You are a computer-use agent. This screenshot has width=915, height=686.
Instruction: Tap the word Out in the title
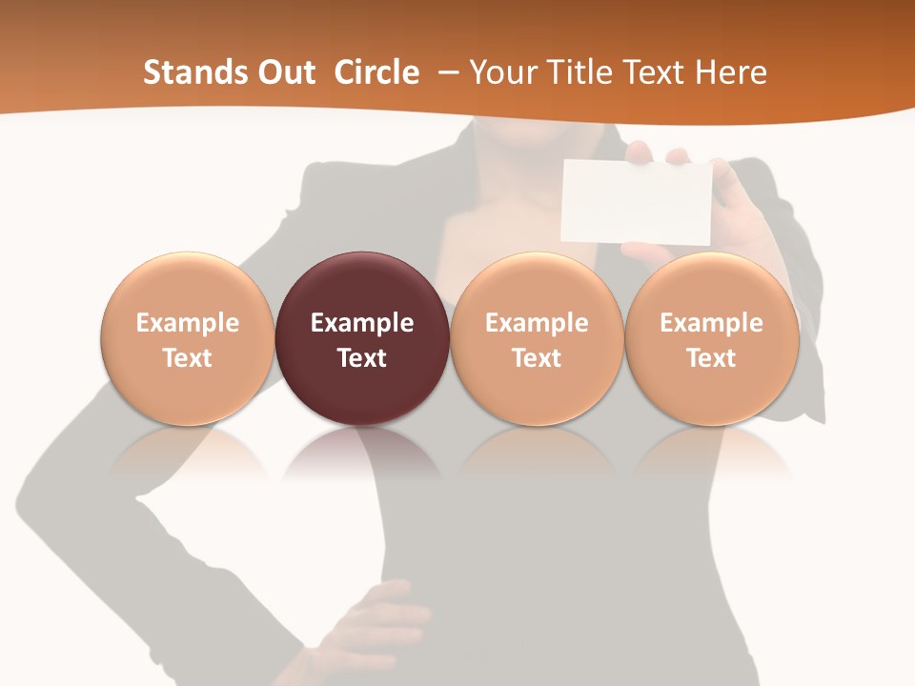pyautogui.click(x=284, y=72)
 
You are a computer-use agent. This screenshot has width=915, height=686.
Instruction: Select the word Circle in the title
pyautogui.click(x=376, y=72)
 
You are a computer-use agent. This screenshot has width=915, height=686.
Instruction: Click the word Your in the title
pyautogui.click(x=501, y=72)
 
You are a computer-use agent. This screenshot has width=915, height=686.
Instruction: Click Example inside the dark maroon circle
pyautogui.click(x=362, y=323)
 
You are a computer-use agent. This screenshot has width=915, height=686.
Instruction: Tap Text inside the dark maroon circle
pyautogui.click(x=362, y=358)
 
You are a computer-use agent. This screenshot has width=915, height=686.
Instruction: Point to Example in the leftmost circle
pyautogui.click(x=188, y=323)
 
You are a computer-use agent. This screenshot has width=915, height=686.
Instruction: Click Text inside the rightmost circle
pyautogui.click(x=712, y=358)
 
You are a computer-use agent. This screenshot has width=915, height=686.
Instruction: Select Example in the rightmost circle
pyautogui.click(x=712, y=323)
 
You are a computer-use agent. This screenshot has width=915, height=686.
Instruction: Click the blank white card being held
pyautogui.click(x=637, y=202)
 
